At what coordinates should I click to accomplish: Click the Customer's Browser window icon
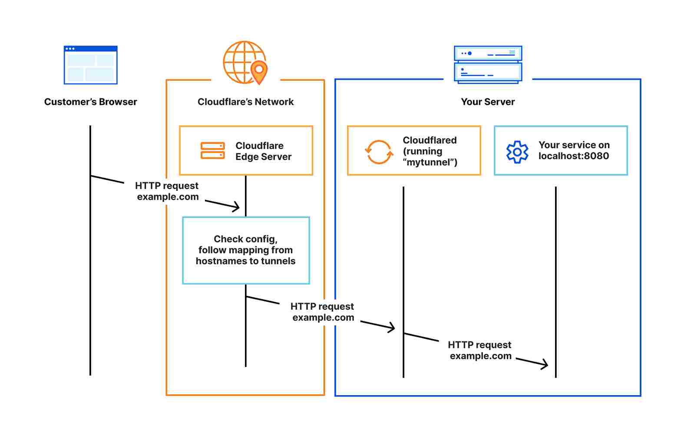coord(90,65)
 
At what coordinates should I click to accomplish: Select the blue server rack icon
coord(488,64)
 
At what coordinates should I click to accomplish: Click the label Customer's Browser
coord(90,102)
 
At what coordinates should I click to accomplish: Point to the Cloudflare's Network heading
coord(245,102)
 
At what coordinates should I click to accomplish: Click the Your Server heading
coord(488,102)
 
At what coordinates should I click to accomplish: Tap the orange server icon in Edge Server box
coord(212,151)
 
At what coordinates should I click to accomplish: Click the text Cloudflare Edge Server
coord(263,151)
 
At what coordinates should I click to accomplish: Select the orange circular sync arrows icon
coord(378,152)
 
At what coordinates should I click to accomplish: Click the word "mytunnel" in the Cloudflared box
coord(430,162)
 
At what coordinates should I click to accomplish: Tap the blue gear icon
coord(517,152)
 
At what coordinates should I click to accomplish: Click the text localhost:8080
coord(573,156)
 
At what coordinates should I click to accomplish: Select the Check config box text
coord(245,250)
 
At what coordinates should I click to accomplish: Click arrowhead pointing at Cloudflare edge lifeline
coord(236,207)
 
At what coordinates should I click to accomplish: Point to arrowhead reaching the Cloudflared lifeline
coord(392,327)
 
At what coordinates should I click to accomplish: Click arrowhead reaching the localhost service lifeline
coord(545,365)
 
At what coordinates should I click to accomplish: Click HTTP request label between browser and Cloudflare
coord(167,191)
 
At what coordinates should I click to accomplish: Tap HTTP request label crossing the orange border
coord(323,312)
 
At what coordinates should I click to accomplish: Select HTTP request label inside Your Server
coord(480,350)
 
